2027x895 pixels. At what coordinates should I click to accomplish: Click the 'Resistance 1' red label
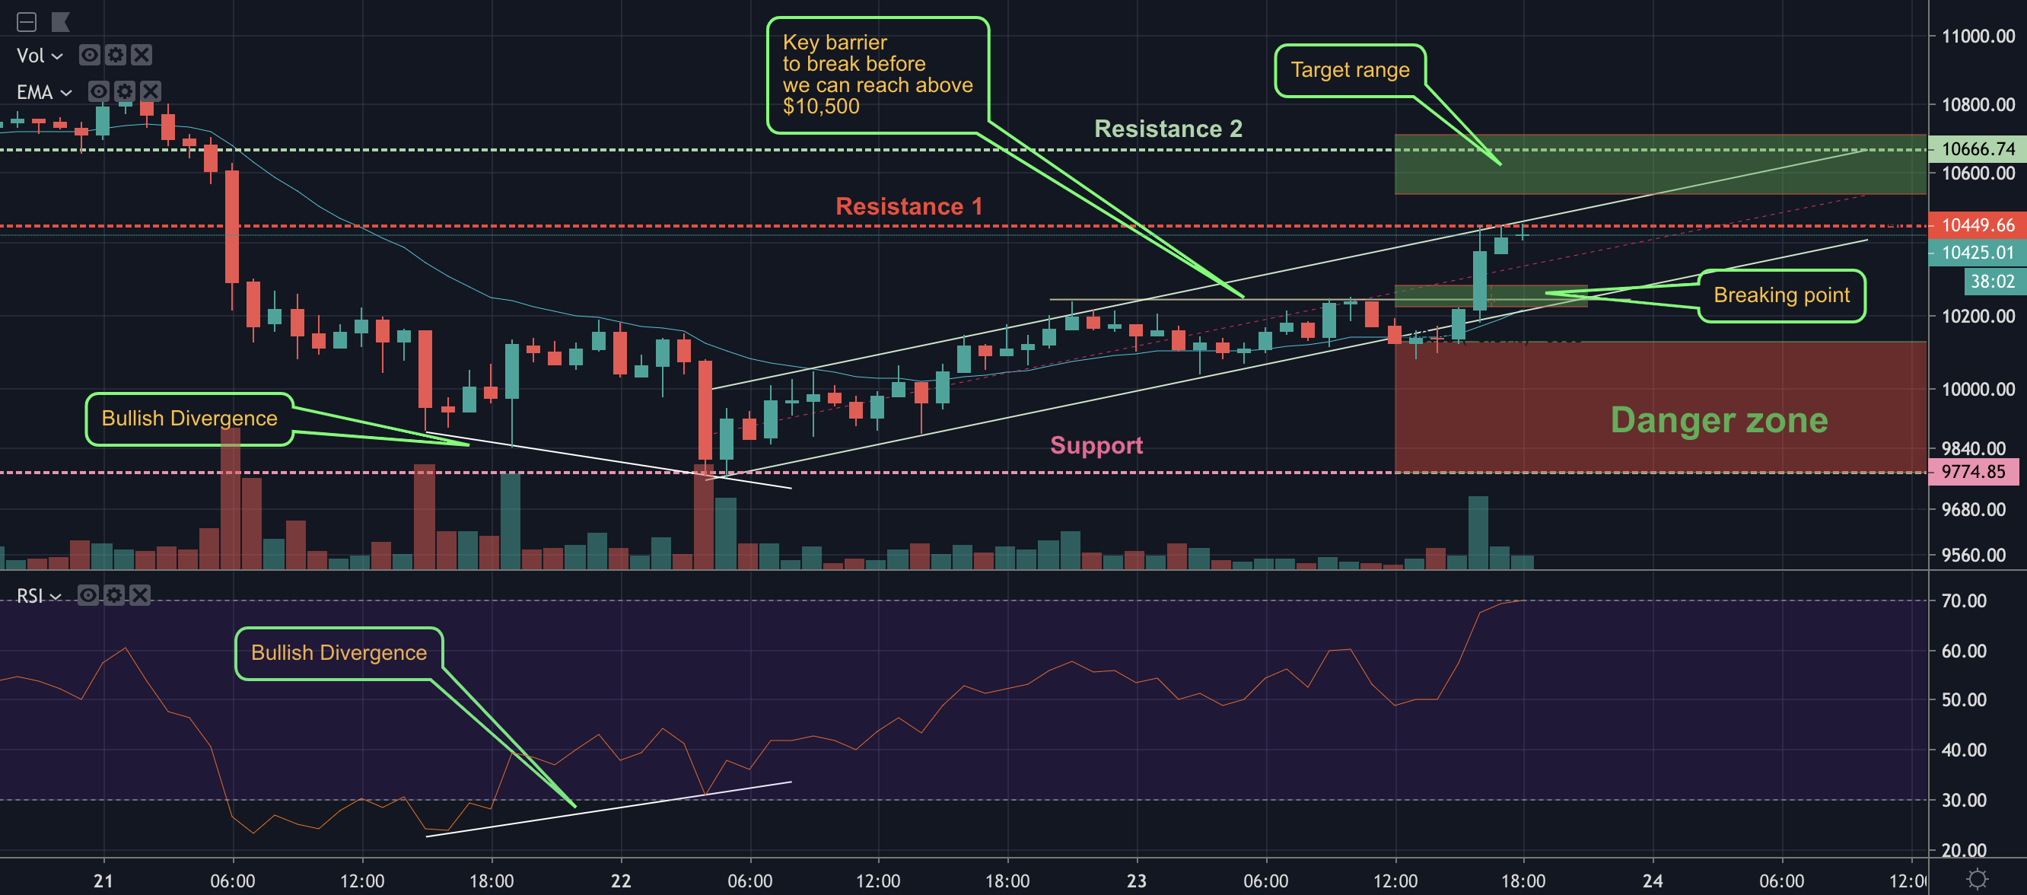(x=908, y=206)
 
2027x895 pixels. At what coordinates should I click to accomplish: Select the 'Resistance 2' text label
(x=1168, y=129)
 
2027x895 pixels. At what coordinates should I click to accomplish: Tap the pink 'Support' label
(x=1096, y=444)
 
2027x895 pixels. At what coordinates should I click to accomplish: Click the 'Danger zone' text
(x=1719, y=419)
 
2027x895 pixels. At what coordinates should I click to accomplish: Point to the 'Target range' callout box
(x=1350, y=70)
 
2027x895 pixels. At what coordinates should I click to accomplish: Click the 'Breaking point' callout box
(x=1780, y=295)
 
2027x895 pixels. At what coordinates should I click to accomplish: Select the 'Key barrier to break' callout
(x=877, y=75)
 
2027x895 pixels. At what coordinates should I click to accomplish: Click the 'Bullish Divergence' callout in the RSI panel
(x=339, y=652)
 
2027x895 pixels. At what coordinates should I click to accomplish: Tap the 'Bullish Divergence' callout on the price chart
(x=189, y=418)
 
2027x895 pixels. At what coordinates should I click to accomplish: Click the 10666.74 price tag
(x=1978, y=148)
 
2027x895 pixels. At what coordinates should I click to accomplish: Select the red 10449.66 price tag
(x=1978, y=225)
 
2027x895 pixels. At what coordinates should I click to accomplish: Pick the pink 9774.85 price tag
(x=1973, y=472)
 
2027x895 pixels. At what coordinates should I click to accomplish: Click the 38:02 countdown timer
(x=1991, y=281)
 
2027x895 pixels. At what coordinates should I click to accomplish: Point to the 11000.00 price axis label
(x=1978, y=37)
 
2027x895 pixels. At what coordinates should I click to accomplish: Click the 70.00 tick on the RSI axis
(x=1963, y=600)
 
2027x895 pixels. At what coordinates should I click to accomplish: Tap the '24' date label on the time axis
(x=1653, y=881)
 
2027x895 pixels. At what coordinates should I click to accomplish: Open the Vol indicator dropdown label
(x=39, y=56)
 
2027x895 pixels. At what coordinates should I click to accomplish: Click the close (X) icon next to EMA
(x=151, y=91)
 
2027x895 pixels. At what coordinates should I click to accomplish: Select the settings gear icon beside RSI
(x=114, y=595)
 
